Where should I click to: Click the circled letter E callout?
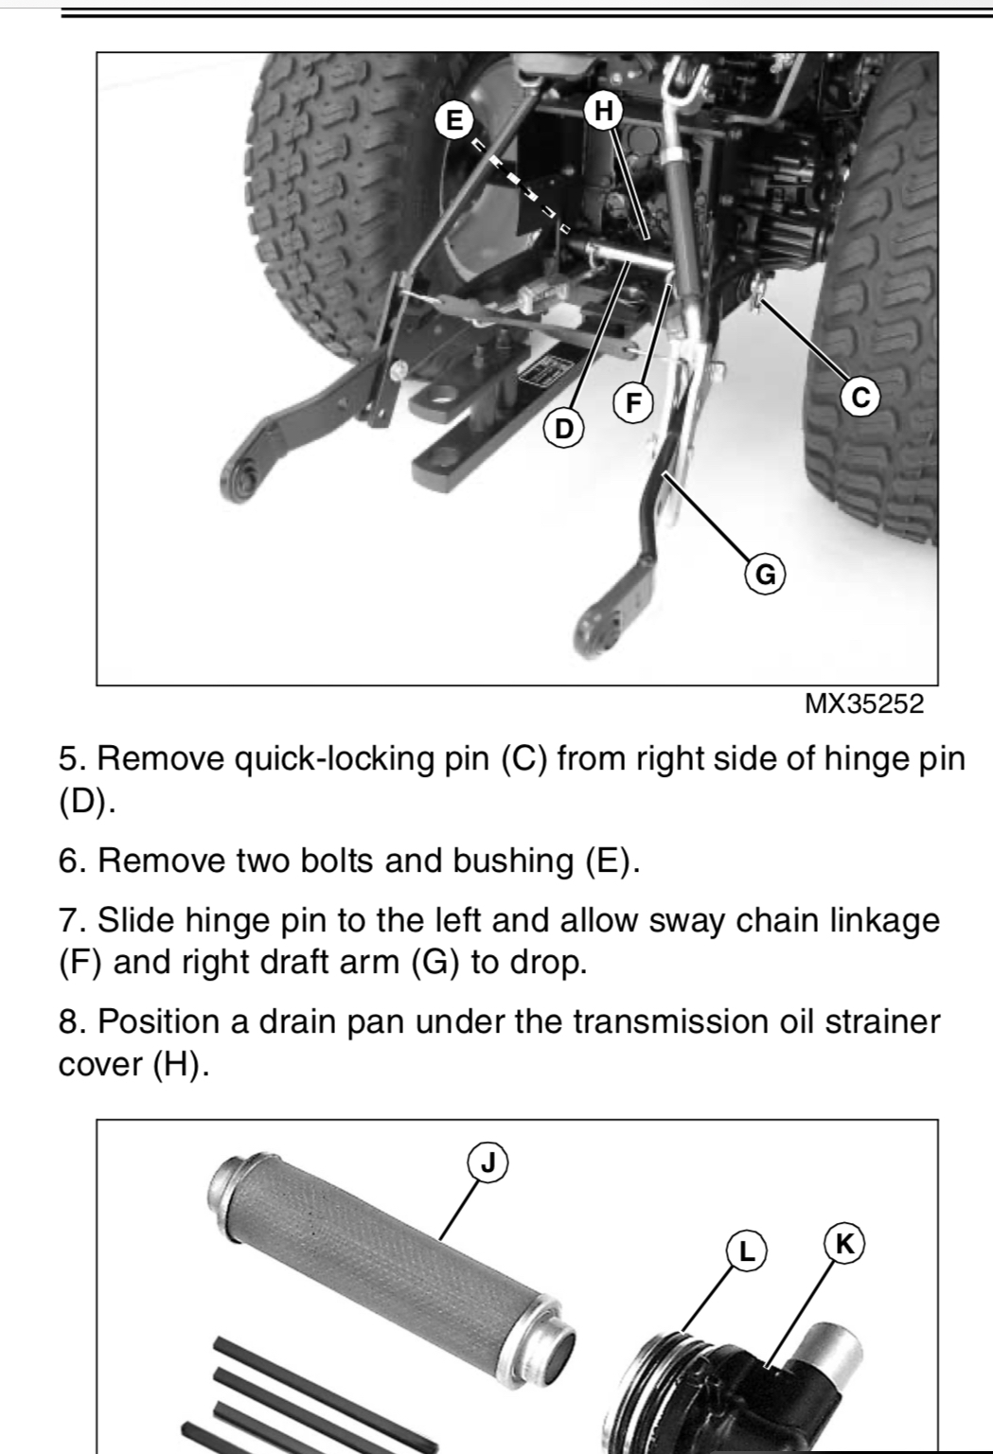click(454, 120)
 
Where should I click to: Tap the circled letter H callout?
click(604, 111)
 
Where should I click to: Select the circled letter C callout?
click(860, 396)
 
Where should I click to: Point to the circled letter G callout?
click(766, 575)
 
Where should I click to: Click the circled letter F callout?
click(633, 402)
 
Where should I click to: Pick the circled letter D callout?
click(564, 429)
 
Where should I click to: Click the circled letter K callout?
click(843, 1245)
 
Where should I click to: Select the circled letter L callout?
click(746, 1250)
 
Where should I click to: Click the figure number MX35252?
click(864, 704)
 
